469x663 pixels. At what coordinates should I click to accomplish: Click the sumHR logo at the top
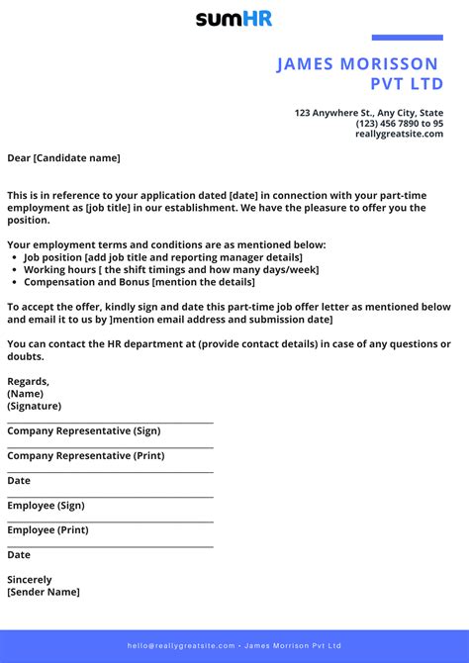coord(234,18)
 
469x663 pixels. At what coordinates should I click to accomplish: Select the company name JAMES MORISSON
coord(358,64)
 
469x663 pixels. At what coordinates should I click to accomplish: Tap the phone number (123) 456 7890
coord(400,124)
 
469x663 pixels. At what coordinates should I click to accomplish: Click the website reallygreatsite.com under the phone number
coord(399,134)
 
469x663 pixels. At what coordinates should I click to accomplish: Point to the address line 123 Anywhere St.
coord(369,113)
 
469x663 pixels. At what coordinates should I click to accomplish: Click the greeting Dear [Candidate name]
coord(63,157)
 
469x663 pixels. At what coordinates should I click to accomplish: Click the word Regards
coord(28,381)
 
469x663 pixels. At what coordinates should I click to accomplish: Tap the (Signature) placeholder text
coord(34,406)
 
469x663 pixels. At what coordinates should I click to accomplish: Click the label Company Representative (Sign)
coord(83,430)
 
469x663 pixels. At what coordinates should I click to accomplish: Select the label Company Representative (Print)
coord(85,456)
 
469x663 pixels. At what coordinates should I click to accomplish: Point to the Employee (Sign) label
coord(46,505)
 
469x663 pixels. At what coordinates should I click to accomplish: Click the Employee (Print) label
coord(47,530)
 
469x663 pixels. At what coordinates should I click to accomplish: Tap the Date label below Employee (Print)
coord(19,555)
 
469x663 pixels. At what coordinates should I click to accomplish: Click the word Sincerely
coord(30,580)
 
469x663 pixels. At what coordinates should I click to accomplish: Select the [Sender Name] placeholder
coord(44,592)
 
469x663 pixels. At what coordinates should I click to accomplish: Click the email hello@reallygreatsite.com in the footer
coord(181,645)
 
